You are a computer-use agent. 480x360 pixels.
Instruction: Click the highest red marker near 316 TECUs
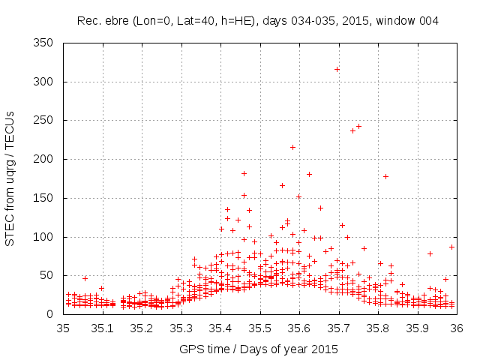(337, 70)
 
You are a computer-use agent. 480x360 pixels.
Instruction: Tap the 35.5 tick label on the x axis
(259, 328)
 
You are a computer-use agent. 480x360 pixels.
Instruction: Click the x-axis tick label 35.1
(103, 328)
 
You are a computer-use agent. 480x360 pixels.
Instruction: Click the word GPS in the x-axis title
(191, 349)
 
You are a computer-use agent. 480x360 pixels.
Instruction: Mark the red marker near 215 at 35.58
(292, 147)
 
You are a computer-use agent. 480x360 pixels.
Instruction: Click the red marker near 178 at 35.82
(385, 177)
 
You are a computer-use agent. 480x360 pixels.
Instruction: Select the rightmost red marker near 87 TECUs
(451, 247)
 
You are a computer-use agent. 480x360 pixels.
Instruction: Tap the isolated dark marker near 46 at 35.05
(85, 278)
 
